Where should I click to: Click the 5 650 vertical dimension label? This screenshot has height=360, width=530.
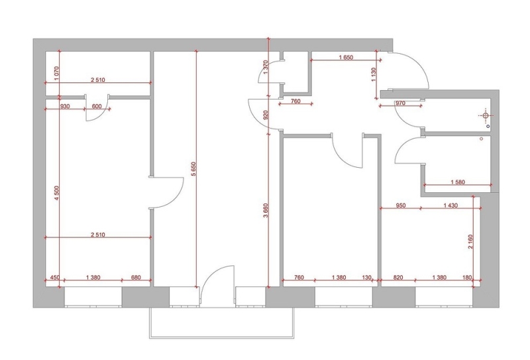(x=193, y=169)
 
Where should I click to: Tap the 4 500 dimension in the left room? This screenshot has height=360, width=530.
(x=56, y=193)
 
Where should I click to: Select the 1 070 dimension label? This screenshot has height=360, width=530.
(x=56, y=73)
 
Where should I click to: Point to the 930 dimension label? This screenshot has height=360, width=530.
(x=64, y=106)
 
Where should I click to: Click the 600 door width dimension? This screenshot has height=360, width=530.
(x=97, y=106)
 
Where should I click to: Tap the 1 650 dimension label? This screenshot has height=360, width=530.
(x=346, y=57)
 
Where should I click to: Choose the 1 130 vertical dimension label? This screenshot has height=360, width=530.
(x=373, y=74)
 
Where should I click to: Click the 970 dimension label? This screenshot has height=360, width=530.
(x=400, y=103)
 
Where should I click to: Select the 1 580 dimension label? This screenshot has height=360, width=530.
(x=458, y=182)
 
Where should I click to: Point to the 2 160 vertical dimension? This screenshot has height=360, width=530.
(x=470, y=241)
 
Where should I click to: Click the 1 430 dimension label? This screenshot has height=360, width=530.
(x=450, y=205)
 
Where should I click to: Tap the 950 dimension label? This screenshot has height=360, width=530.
(x=401, y=205)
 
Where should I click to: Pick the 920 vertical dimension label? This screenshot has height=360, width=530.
(x=265, y=115)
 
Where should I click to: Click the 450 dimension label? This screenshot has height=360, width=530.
(x=55, y=277)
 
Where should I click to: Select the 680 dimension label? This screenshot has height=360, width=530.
(x=136, y=277)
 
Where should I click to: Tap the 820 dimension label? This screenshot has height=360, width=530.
(x=399, y=277)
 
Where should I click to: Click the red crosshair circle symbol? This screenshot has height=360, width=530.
(x=486, y=115)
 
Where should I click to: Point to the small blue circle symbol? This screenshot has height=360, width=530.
(x=488, y=126)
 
